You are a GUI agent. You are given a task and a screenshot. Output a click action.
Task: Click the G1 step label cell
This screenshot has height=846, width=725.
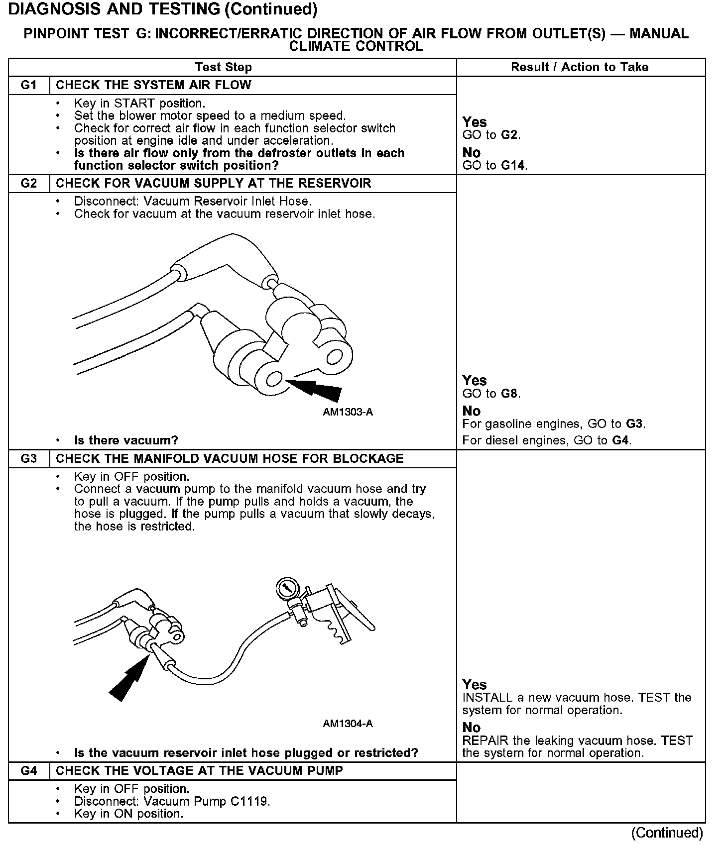pyautogui.click(x=29, y=85)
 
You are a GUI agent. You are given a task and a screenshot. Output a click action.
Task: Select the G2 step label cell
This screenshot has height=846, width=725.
pyautogui.click(x=29, y=184)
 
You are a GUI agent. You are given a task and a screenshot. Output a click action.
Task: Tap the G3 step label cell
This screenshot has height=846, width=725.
pyautogui.click(x=29, y=459)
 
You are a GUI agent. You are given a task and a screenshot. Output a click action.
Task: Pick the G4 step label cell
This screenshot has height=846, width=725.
pyautogui.click(x=29, y=771)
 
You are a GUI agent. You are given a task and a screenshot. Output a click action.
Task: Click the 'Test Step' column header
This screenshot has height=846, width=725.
pyautogui.click(x=224, y=67)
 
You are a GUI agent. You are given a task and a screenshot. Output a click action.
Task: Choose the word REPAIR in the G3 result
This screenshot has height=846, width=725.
pyautogui.click(x=483, y=741)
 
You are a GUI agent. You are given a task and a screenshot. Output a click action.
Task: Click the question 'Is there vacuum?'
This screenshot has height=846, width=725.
pyautogui.click(x=126, y=440)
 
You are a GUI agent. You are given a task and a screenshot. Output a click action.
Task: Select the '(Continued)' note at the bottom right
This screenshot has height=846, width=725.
pyautogui.click(x=667, y=833)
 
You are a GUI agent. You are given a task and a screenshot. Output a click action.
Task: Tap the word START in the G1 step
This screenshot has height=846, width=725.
pyautogui.click(x=134, y=104)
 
